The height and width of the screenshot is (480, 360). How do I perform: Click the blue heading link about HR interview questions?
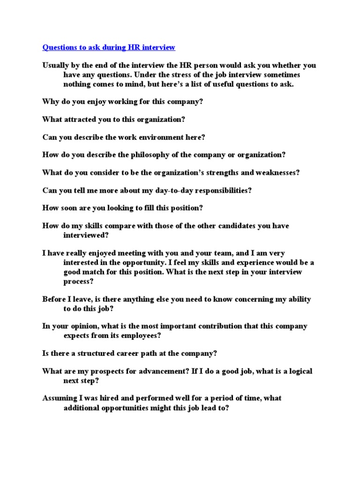pos(109,47)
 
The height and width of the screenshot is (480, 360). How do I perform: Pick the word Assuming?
pos(60,398)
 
